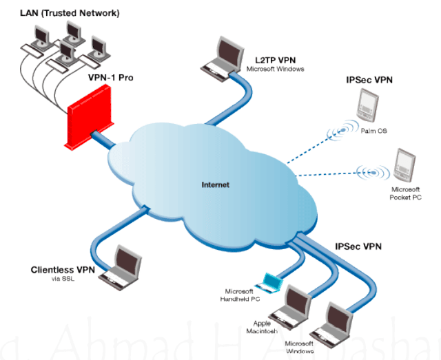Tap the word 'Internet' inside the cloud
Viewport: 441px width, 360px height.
tap(215, 185)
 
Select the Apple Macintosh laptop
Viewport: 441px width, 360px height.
tap(296, 301)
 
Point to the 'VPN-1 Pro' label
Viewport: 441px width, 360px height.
tap(110, 78)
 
